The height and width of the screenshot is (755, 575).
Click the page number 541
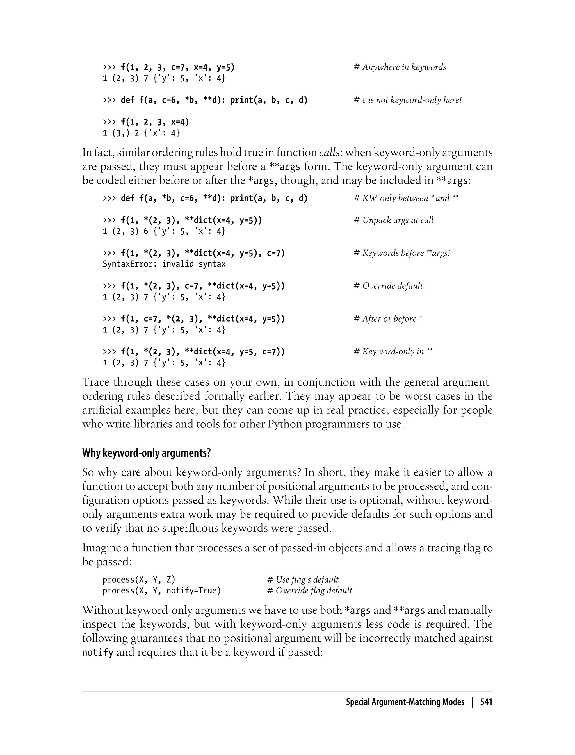[486, 702]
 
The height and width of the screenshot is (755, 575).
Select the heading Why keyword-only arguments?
[147, 453]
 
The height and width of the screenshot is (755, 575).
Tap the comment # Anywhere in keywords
[400, 67]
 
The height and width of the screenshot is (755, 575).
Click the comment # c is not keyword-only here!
[408, 100]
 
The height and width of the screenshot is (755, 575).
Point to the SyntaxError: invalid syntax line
[164, 264]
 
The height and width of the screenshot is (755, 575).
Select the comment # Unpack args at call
[394, 220]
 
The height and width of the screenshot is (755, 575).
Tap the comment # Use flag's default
[303, 580]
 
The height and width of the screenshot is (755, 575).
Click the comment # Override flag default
[309, 591]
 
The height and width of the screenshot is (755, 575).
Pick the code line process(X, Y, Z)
[139, 580]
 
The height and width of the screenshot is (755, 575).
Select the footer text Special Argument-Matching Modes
[405, 702]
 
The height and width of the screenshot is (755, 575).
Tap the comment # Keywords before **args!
[402, 253]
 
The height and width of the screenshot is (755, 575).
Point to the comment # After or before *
[388, 319]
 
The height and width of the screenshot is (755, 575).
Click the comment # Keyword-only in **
[393, 352]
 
